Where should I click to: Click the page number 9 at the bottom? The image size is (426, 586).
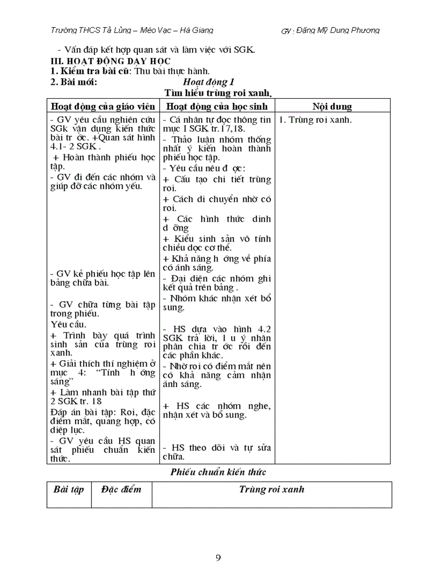pyautogui.click(x=218, y=558)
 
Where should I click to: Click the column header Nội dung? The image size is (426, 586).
pyautogui.click(x=332, y=106)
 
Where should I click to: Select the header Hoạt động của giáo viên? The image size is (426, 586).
pyautogui.click(x=103, y=106)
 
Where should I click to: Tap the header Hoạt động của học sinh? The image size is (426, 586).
pyautogui.click(x=217, y=106)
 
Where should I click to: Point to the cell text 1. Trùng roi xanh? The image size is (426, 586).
pyautogui.click(x=315, y=119)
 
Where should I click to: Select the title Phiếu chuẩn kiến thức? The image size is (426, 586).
pyautogui.click(x=218, y=472)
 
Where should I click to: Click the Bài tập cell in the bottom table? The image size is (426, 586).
pyautogui.click(x=68, y=489)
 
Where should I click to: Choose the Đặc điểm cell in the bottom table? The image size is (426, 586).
pyautogui.click(x=121, y=489)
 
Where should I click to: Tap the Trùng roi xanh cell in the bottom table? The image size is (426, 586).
pyautogui.click(x=271, y=489)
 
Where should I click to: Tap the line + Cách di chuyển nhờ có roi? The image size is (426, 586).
pyautogui.click(x=217, y=204)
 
